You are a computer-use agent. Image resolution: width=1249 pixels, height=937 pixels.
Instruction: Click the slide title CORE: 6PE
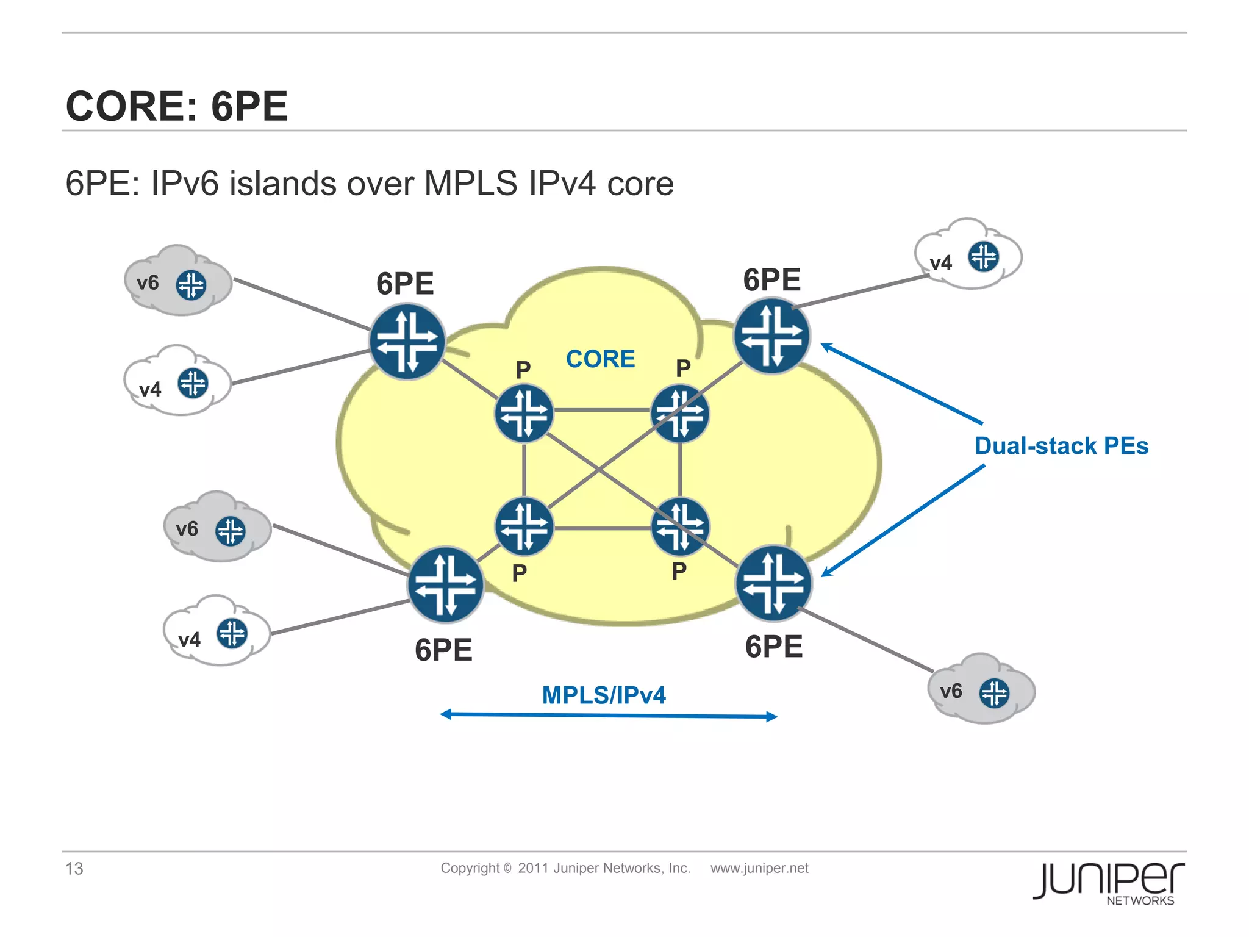tap(177, 106)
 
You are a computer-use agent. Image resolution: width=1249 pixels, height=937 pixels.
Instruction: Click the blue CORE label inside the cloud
tap(600, 359)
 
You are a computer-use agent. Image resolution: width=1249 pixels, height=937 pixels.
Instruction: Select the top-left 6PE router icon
tap(407, 342)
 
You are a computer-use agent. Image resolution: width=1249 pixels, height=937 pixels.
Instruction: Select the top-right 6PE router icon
tap(771, 336)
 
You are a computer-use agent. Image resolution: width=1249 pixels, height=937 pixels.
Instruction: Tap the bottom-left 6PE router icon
tap(446, 584)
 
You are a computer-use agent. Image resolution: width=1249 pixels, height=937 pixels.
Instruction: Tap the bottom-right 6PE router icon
tap(774, 583)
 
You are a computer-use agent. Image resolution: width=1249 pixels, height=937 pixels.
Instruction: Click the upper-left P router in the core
tap(524, 414)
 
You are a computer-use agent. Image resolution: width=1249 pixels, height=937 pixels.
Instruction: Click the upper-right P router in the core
tap(680, 414)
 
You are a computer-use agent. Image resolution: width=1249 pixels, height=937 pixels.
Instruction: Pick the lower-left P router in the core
tap(524, 526)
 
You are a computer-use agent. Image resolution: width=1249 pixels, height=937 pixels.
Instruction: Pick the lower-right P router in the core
tap(680, 526)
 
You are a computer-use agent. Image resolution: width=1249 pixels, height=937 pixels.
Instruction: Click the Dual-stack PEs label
tap(1061, 446)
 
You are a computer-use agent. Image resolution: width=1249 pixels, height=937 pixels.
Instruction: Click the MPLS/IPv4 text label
tap(604, 695)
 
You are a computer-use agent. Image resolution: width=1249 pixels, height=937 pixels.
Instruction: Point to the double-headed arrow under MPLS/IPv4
tap(608, 715)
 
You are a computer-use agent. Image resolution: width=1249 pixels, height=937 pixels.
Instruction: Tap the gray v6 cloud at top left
tap(177, 282)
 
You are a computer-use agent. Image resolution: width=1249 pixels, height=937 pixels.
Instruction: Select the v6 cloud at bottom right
tap(981, 691)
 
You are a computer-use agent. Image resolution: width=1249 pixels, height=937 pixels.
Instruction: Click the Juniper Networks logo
tap(1108, 883)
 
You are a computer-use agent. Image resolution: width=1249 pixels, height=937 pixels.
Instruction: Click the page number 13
tap(74, 868)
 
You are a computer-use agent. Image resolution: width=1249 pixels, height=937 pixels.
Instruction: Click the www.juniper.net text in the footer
tap(759, 868)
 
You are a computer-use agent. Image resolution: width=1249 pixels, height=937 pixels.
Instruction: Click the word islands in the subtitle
tap(282, 183)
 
